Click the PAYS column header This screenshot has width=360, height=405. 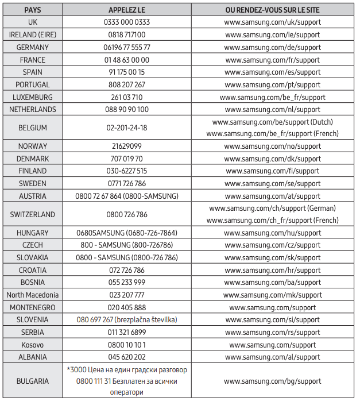tap(32, 10)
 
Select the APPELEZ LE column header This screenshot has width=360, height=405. tap(127, 10)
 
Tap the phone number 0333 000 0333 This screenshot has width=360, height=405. tap(127, 22)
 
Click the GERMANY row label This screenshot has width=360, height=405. tap(33, 47)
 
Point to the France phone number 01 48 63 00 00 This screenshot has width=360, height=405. tap(127, 60)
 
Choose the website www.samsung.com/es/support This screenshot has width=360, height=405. tap(273, 72)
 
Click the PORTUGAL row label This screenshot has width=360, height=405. tap(33, 84)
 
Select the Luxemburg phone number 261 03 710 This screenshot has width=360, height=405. tap(127, 97)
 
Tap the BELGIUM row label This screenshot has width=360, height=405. tap(33, 128)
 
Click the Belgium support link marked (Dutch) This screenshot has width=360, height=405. tap(272, 122)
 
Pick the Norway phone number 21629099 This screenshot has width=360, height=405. tap(127, 146)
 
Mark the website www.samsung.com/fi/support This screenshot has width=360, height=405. tap(273, 171)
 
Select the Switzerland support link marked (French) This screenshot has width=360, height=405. tap(272, 220)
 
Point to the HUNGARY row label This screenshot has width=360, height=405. tap(33, 233)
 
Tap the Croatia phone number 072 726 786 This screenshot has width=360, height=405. tap(127, 270)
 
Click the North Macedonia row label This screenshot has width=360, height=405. tap(33, 295)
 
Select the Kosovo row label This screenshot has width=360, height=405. tap(33, 345)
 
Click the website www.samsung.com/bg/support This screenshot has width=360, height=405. tap(273, 381)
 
